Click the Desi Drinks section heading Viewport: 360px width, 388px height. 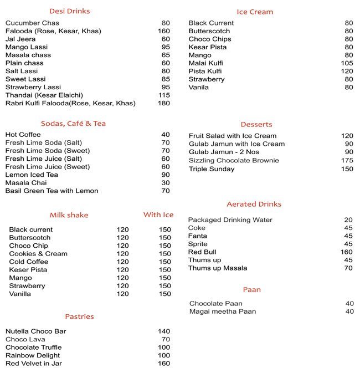(69, 11)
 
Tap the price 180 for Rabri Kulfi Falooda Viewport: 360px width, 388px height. (163, 103)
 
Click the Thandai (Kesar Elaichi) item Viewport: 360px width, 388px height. (41, 95)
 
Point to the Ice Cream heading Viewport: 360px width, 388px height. (255, 12)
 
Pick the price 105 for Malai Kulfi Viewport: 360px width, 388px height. (347, 63)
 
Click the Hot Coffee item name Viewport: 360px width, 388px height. (23, 135)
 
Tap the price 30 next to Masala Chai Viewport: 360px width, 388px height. (166, 183)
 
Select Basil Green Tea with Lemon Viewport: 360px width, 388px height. (52, 191)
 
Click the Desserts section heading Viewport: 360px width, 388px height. (256, 124)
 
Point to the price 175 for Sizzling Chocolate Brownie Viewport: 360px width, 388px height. (347, 161)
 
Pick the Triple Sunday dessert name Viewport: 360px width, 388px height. (212, 169)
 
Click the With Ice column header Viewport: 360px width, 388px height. (158, 215)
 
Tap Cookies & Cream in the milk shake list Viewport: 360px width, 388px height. (38, 254)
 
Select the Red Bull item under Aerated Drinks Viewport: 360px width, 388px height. (202, 252)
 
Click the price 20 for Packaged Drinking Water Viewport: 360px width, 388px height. (348, 220)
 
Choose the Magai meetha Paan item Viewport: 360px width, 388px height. (223, 312)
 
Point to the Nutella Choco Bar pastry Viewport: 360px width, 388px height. (36, 331)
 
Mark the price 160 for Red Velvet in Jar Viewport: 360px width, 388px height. (163, 364)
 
